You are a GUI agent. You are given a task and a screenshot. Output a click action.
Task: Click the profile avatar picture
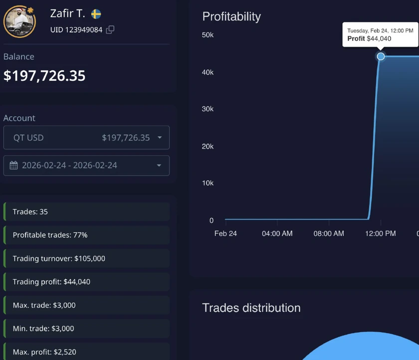[x=19, y=21]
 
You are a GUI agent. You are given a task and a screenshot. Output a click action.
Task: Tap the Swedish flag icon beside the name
[x=96, y=14]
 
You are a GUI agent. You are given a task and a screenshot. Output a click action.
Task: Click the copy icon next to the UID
[x=110, y=29]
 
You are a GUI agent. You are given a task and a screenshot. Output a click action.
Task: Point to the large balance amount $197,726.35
[x=44, y=75]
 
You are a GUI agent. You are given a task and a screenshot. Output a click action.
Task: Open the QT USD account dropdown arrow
[x=160, y=138]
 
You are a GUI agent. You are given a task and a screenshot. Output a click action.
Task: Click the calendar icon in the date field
[x=14, y=165]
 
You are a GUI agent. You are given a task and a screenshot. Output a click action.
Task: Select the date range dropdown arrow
[x=159, y=166]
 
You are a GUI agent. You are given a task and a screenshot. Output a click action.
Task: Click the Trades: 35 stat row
[x=86, y=211]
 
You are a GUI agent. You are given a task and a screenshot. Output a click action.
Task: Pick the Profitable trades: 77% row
[x=86, y=235]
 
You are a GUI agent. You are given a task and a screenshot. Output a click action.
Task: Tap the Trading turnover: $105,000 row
[x=86, y=258]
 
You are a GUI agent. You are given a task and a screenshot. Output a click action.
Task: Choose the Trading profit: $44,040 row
[x=86, y=282]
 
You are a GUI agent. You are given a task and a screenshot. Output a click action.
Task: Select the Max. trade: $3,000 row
[x=86, y=305]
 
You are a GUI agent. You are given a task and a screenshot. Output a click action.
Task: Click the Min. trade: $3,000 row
[x=86, y=329]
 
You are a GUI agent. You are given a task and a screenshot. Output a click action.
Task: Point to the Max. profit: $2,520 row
[x=86, y=352]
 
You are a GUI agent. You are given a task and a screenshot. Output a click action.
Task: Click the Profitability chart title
[x=231, y=16]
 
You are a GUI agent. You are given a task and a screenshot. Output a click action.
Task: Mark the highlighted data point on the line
[x=381, y=56]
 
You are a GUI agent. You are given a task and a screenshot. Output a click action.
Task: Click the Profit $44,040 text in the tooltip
[x=369, y=39]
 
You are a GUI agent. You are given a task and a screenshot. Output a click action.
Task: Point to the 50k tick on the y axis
[x=208, y=35]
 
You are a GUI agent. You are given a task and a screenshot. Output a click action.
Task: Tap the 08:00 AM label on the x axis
[x=329, y=233]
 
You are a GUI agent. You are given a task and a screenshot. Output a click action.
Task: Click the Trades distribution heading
[x=251, y=308]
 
